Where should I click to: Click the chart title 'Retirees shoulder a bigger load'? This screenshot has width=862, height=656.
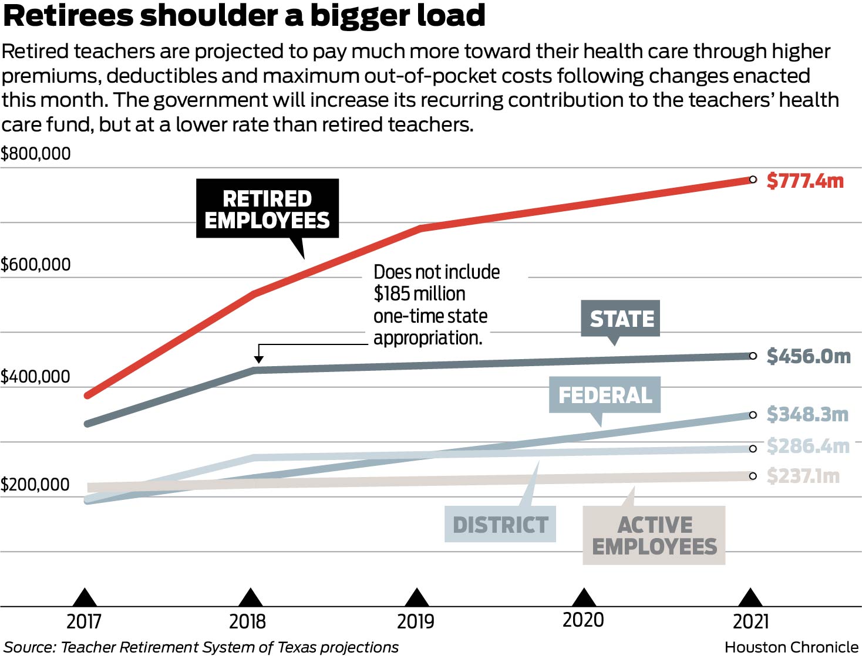point(244,16)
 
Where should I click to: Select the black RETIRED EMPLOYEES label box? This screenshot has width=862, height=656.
point(267,209)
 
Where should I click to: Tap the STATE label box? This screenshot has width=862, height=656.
point(621,319)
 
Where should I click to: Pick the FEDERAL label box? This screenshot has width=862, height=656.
point(605,395)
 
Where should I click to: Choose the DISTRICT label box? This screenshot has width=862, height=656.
point(500,524)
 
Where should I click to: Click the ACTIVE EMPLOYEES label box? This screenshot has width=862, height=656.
point(654,535)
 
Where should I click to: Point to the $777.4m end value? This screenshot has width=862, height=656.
point(805,181)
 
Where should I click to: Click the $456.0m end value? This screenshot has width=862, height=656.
point(809,356)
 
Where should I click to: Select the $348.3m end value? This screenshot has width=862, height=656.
point(807,415)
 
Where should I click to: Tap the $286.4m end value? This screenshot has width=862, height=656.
point(808,447)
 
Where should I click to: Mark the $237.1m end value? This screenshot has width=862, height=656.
point(803,476)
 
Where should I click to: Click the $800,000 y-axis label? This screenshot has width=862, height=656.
point(36,154)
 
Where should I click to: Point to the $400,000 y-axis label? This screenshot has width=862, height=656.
point(36,377)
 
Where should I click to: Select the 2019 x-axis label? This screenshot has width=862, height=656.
point(416,621)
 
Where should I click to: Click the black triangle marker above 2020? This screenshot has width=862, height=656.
point(583,597)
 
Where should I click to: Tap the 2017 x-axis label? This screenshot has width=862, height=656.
point(84,621)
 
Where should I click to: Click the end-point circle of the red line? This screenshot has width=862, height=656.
point(753,180)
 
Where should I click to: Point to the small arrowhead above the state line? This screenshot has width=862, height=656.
point(258,359)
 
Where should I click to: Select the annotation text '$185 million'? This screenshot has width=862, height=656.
point(419,294)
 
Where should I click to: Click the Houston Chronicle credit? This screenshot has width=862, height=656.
point(791,647)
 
